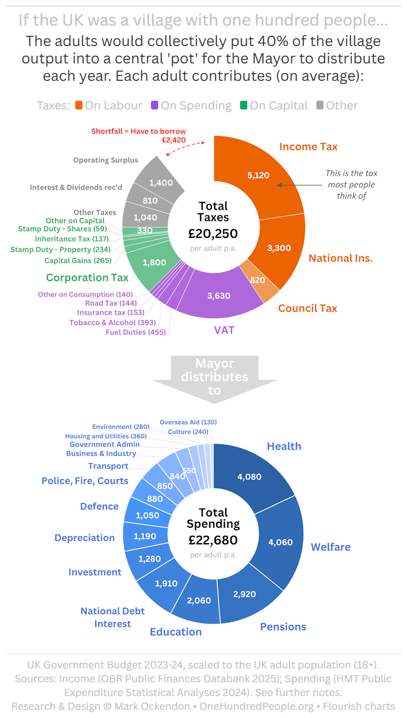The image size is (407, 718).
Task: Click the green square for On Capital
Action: click(x=244, y=105)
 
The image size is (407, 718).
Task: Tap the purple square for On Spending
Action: click(x=154, y=105)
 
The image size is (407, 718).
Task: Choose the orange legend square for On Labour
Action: click(x=78, y=105)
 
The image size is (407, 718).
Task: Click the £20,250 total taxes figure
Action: click(x=213, y=234)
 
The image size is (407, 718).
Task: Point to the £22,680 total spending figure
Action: click(x=213, y=540)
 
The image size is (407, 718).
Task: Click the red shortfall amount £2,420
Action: click(x=171, y=140)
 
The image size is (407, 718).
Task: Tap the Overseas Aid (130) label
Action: click(x=188, y=422)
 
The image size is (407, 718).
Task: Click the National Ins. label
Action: click(x=340, y=258)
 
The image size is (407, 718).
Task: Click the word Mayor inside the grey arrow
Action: click(x=214, y=364)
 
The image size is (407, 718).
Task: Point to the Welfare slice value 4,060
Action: click(x=280, y=542)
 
